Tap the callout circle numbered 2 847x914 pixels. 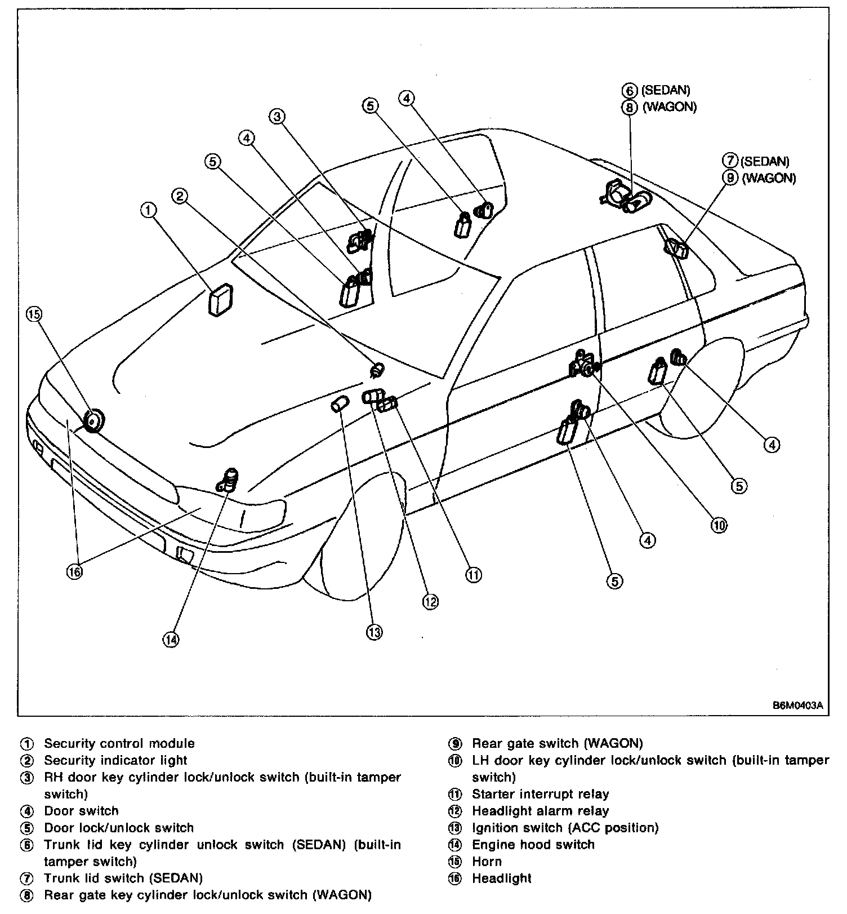pos(180,196)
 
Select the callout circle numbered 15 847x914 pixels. pos(34,314)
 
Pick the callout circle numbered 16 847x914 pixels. pos(74,571)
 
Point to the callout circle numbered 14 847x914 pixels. pos(171,639)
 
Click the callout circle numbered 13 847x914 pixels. pos(375,632)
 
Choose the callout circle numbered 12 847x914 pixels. pos(430,602)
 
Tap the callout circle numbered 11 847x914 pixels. pos(474,575)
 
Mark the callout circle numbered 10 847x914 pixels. pos(719,525)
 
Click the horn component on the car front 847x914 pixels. pos(93,420)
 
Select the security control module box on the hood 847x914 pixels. pos(221,300)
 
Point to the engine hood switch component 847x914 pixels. pos(229,480)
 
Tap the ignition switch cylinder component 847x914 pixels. pos(340,404)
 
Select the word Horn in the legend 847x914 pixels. pos(487,861)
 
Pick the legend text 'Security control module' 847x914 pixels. pos(119,743)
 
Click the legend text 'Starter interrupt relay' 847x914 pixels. pos(540,794)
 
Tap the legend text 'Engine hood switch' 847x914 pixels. pos(533,844)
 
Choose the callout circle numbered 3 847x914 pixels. pos(277,117)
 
